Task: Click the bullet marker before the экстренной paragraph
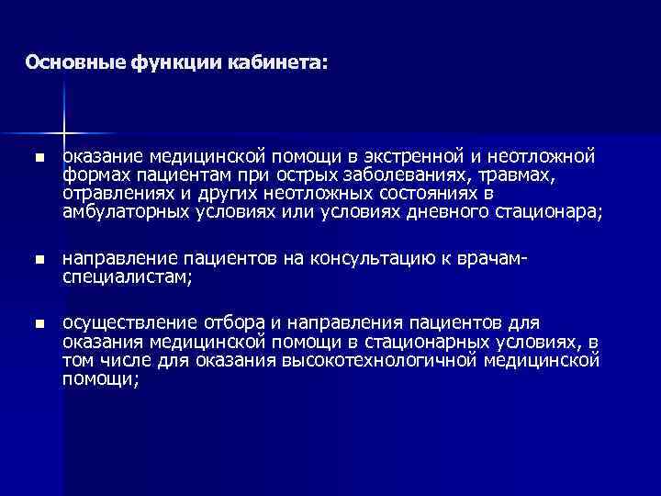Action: pyautogui.click(x=38, y=159)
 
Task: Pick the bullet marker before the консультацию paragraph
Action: pyautogui.click(x=38, y=261)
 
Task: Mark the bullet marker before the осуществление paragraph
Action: pyautogui.click(x=38, y=324)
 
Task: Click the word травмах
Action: pyautogui.click(x=533, y=175)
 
